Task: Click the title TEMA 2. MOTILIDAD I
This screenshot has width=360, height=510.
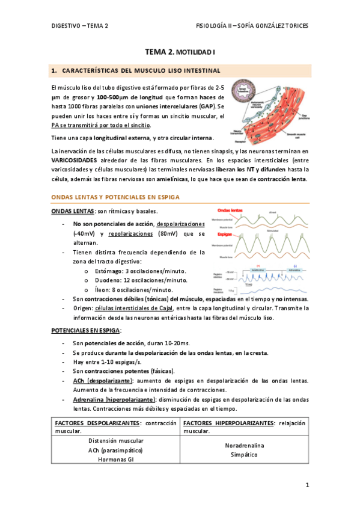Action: point(180,53)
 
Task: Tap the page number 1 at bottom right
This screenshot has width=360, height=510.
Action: point(307,485)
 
